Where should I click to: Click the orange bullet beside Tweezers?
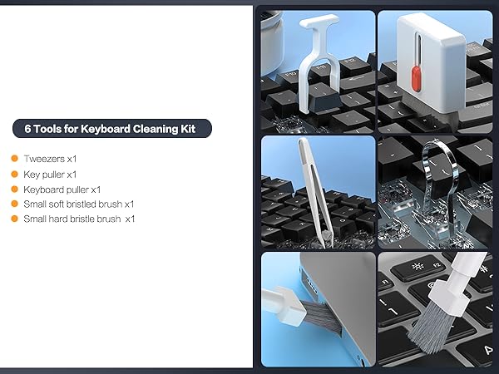coord(14,158)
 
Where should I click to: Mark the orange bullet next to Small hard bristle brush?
coord(14,219)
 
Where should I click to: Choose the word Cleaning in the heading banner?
coord(166,129)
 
